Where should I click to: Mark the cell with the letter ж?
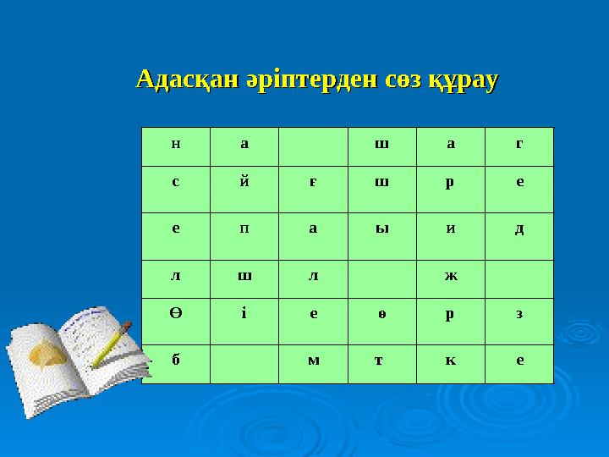coord(450,275)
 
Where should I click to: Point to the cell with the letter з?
coord(518,316)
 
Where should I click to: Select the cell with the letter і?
coord(244,316)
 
